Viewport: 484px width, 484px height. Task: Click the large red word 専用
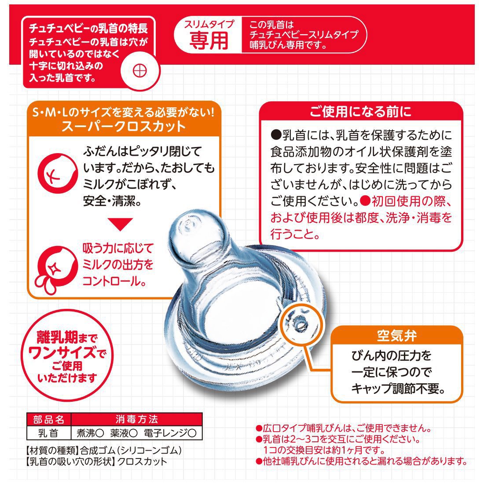coord(209,40)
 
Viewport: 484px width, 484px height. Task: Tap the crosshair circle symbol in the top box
coord(140,71)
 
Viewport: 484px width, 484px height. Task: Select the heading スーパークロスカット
coord(124,127)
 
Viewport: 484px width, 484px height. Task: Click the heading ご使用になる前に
coord(361,111)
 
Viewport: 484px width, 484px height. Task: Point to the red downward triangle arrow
coord(121,224)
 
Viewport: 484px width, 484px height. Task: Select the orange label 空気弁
coord(397,336)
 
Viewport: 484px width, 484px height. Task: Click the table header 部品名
coord(49,419)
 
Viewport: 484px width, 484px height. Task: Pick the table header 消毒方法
coord(137,419)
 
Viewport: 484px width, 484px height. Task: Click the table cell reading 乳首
coord(48,433)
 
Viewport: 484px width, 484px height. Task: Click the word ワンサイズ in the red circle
coord(62,352)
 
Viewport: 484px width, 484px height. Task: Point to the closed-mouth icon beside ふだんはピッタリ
coord(58,173)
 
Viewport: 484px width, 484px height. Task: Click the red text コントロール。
coord(114,281)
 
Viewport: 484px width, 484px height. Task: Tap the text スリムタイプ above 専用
coord(209,24)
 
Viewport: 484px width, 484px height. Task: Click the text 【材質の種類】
coord(53,451)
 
